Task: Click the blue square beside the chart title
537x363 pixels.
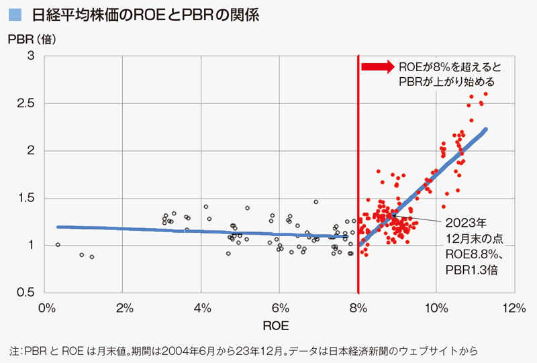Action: click(x=15, y=13)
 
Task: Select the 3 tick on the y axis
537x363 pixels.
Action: click(x=31, y=56)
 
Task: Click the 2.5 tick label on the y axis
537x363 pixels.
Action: click(x=27, y=103)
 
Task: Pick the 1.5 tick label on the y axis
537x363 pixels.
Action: click(x=27, y=198)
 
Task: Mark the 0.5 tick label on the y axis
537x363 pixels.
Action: click(x=27, y=293)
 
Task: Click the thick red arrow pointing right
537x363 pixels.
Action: click(x=376, y=67)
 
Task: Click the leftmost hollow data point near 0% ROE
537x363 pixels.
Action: click(x=58, y=245)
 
